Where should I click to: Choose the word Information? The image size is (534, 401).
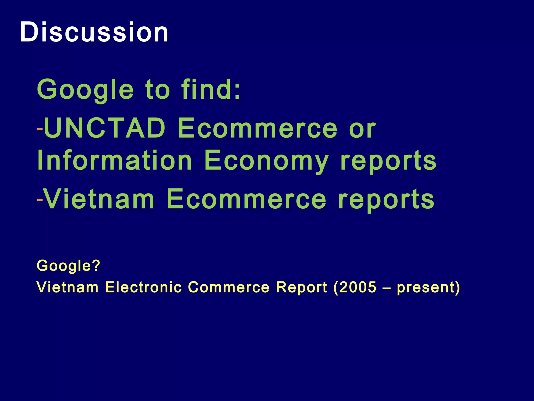pos(115,160)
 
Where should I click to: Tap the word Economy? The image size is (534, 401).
pos(266,160)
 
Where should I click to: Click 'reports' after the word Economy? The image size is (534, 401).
pos(389,161)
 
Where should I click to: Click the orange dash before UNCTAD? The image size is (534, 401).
pos(40,129)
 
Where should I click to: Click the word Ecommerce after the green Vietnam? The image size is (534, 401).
pos(246,199)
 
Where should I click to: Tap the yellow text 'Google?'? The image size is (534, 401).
pos(68,266)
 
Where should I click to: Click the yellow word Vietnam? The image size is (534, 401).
pos(68,287)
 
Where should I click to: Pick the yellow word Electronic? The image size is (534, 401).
pos(143,287)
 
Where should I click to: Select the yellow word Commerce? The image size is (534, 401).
pos(229,287)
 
